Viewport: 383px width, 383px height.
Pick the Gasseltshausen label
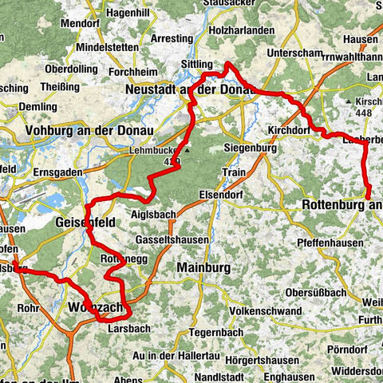click(x=172, y=240)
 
